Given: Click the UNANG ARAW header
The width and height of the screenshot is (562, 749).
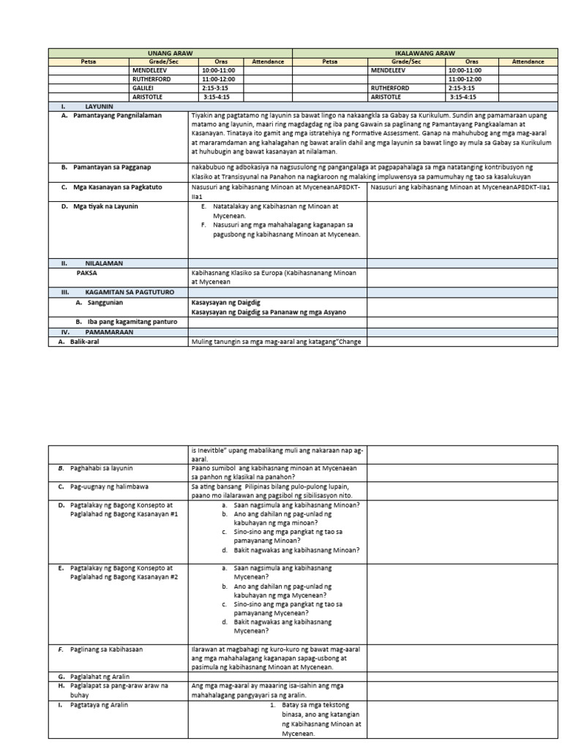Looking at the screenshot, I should [170, 53].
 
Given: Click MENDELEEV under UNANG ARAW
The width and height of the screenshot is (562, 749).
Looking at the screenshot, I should [150, 70].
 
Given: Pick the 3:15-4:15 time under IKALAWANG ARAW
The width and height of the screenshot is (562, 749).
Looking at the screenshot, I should [462, 97].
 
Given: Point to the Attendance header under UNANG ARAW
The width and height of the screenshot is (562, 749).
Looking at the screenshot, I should [267, 62].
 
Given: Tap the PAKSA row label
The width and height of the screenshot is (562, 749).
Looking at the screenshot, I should [86, 271].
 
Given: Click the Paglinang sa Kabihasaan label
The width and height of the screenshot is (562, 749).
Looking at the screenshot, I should [106, 649].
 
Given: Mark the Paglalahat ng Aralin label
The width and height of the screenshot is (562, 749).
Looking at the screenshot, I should [100, 677].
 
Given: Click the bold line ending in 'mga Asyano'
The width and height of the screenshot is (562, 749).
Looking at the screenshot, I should [268, 312].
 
